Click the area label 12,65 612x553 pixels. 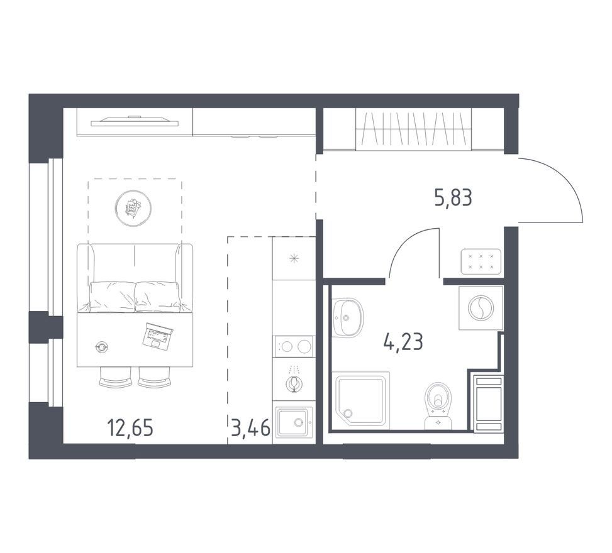click(x=130, y=428)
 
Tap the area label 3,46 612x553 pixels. click(x=250, y=428)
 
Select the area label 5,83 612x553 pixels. click(x=453, y=197)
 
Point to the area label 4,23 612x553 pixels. click(x=403, y=343)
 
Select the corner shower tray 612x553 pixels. click(x=360, y=399)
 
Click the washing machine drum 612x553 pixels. click(x=481, y=308)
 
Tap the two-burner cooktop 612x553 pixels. click(x=294, y=346)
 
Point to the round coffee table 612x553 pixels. click(x=133, y=208)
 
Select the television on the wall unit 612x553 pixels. click(x=135, y=121)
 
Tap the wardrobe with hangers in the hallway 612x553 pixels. click(x=414, y=129)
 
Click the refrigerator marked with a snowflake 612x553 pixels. click(x=294, y=258)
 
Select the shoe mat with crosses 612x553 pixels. click(x=481, y=261)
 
